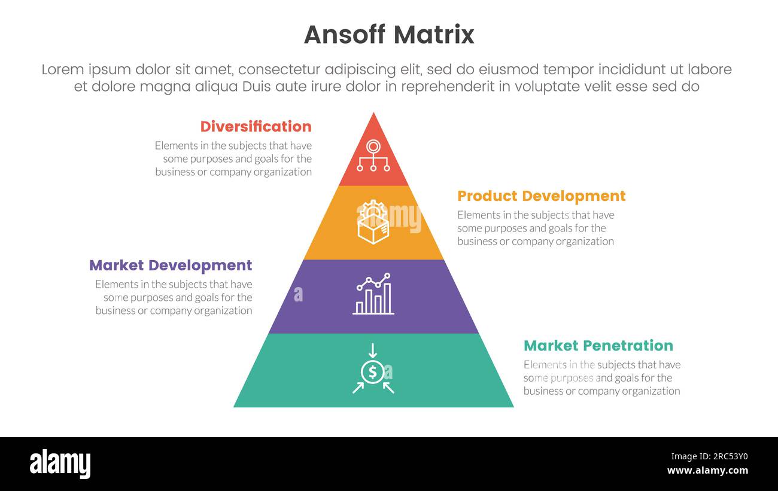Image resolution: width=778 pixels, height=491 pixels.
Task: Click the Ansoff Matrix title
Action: point(389,35)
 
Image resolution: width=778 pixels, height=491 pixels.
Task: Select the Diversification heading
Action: point(256,127)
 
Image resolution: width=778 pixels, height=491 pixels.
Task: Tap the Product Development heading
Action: point(541,196)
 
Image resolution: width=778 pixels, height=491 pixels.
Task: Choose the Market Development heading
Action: point(171,266)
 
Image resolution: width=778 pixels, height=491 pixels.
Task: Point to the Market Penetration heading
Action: point(598,346)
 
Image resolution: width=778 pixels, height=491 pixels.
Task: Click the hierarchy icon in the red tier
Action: point(373,155)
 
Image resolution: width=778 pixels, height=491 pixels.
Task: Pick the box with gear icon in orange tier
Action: point(373,222)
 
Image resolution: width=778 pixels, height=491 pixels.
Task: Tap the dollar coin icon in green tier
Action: point(373,373)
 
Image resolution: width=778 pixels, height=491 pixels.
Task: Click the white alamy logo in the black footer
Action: point(60,464)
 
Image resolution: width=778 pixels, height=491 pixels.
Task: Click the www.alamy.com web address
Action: point(707,471)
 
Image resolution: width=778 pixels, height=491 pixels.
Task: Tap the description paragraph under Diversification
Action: point(233,158)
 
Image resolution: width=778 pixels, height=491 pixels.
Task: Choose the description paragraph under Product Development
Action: point(536,228)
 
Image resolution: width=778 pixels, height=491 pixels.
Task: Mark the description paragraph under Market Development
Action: point(174,297)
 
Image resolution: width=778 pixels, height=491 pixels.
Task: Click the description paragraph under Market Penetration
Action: point(601,377)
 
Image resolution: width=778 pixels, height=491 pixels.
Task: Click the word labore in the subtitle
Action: point(709,69)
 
